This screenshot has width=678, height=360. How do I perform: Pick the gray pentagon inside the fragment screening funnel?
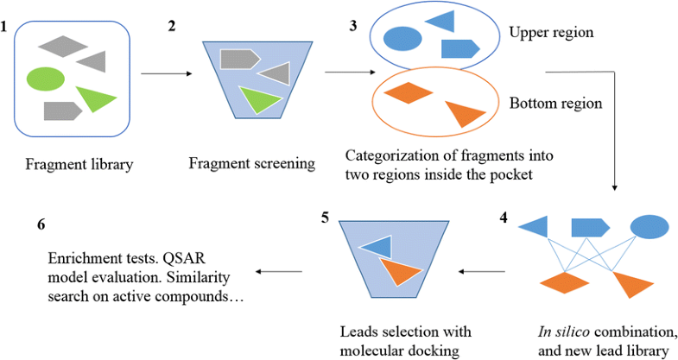[x=239, y=59]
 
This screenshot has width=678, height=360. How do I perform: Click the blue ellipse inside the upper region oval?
[x=402, y=39]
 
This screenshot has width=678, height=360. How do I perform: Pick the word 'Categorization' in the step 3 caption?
[x=386, y=156]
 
